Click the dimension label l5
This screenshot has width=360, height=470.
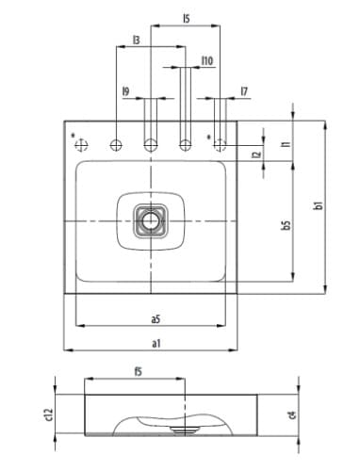click(187, 18)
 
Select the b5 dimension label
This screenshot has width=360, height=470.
click(285, 226)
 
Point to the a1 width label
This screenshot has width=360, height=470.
click(155, 342)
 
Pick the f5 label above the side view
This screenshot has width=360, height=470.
click(138, 371)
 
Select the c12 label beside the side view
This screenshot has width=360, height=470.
click(47, 408)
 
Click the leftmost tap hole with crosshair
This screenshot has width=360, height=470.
click(81, 145)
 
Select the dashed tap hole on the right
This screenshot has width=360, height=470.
click(221, 145)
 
